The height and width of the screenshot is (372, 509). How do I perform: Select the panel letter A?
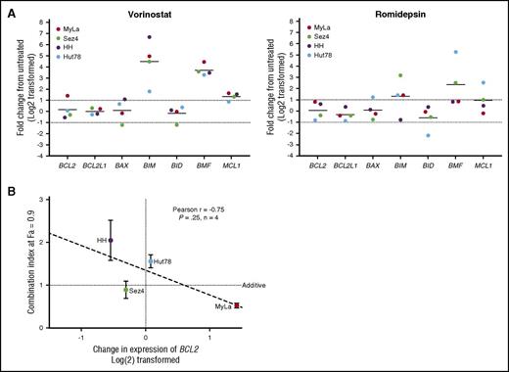click(7, 9)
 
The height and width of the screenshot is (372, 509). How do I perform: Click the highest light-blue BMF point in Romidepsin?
click(427, 52)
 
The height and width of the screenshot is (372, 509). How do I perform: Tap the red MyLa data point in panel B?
click(236, 305)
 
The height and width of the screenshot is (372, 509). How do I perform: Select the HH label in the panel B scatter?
click(101, 240)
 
